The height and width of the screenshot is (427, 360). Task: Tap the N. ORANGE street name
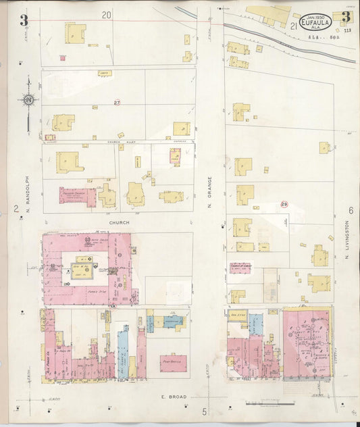(x=210, y=192)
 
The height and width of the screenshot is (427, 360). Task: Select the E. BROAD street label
(x=172, y=397)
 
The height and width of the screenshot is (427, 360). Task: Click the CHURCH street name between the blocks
(x=119, y=222)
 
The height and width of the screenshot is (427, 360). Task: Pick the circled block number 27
(x=117, y=103)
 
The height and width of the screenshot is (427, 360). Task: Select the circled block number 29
(x=284, y=204)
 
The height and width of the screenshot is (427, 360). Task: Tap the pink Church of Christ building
(x=240, y=268)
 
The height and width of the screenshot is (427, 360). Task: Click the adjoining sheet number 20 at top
(x=106, y=14)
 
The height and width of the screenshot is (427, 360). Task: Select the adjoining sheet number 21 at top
(x=293, y=26)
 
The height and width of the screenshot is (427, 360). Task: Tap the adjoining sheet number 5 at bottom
(x=203, y=411)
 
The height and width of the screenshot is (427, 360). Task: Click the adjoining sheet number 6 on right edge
(x=351, y=210)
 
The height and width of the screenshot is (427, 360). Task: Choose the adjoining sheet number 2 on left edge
(x=16, y=209)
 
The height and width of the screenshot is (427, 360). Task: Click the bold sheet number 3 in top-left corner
(x=24, y=20)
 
